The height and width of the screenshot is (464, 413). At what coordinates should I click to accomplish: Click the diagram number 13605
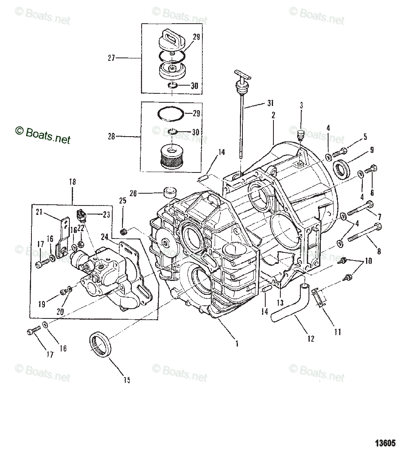385,443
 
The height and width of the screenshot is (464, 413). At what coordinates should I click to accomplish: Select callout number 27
111,58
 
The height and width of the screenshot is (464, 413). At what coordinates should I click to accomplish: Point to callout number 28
111,137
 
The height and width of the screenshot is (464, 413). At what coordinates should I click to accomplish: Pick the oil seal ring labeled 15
100,344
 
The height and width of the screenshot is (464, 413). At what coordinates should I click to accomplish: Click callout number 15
127,380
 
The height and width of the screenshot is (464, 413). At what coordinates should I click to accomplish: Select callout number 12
311,339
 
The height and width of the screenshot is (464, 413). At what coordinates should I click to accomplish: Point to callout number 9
372,150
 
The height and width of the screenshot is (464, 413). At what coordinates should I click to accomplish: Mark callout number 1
236,344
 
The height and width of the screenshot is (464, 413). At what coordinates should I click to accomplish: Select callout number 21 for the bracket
39,211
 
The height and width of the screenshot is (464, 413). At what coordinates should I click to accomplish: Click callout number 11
338,332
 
